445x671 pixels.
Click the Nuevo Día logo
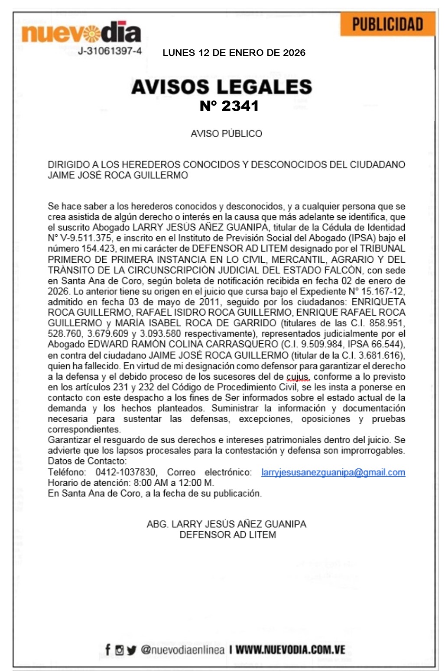coord(81,32)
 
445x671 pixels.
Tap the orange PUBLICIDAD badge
coord(387,25)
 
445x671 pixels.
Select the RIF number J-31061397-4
coord(110,51)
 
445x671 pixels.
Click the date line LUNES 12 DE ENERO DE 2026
coord(234,53)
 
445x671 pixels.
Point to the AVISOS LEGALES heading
coord(221,87)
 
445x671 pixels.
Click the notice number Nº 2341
coord(229,106)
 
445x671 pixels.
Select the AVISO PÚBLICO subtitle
coord(226,134)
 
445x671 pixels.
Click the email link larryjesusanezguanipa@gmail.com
coord(333,472)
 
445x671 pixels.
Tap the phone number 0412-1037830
coord(126,472)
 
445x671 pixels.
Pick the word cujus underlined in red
coord(297,377)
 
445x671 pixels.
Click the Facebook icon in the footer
coord(108,650)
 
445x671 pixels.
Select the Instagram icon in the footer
coord(120,650)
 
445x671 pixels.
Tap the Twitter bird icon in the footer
coord(132,650)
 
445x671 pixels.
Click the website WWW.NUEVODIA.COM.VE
coord(290,650)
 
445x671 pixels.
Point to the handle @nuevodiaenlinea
coord(182,650)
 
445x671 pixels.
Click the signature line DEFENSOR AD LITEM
coord(227,535)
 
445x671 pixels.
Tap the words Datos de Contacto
coord(87,461)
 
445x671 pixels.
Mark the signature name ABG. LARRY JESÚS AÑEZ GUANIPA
coord(226,524)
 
